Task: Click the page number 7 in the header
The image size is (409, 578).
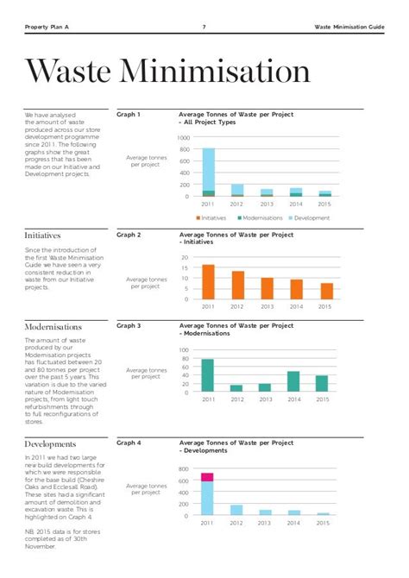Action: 204,27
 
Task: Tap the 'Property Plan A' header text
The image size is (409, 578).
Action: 47,27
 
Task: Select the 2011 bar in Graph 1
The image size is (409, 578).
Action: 208,173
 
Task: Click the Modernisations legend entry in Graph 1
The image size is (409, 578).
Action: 262,218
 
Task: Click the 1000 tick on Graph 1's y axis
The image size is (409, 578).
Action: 183,138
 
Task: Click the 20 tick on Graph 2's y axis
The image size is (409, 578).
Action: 185,258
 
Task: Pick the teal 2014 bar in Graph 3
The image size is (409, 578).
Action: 293,381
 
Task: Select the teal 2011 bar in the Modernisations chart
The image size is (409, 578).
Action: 208,375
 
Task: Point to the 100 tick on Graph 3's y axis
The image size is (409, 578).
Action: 183,350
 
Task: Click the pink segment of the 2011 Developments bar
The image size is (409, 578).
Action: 208,476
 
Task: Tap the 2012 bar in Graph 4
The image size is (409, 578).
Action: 236,510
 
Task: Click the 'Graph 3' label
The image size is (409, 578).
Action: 129,326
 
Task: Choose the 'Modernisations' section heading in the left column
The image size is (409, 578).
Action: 53,327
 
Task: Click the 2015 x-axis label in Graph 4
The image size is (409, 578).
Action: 323,524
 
